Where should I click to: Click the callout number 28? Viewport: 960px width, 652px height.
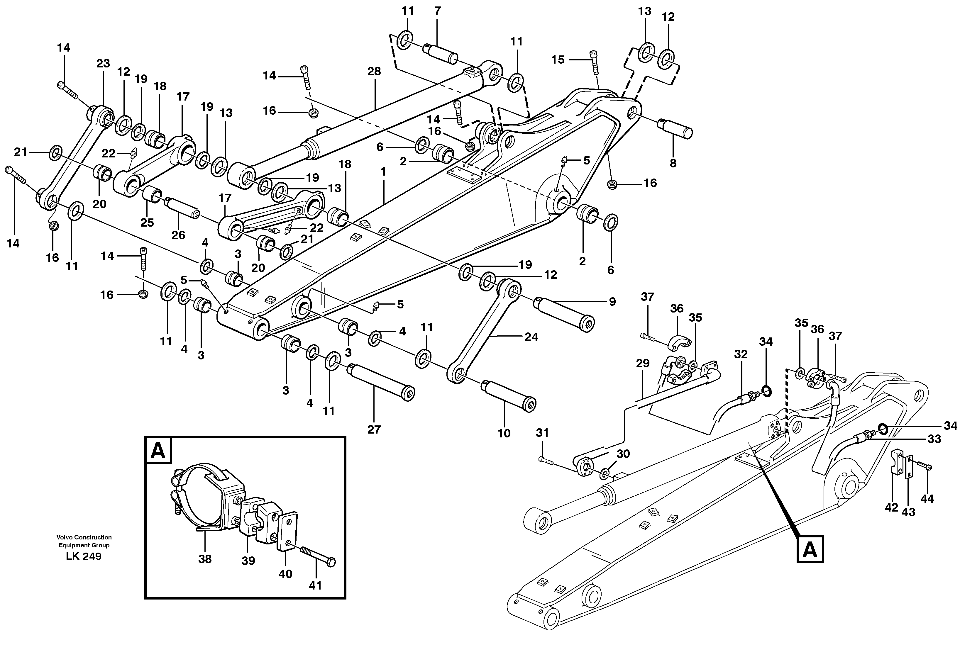click(x=374, y=72)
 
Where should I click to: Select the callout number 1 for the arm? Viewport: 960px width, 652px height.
click(x=383, y=172)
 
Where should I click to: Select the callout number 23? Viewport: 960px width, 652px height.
click(x=103, y=64)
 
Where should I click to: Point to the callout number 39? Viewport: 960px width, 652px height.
click(x=248, y=561)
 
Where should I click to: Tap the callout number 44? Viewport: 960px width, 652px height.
click(x=927, y=499)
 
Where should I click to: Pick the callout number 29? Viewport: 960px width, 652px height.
click(x=643, y=363)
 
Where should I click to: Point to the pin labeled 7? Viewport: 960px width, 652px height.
click(x=442, y=54)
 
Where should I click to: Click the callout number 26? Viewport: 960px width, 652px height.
click(x=178, y=235)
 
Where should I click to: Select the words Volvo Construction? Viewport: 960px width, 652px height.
click(x=84, y=537)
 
